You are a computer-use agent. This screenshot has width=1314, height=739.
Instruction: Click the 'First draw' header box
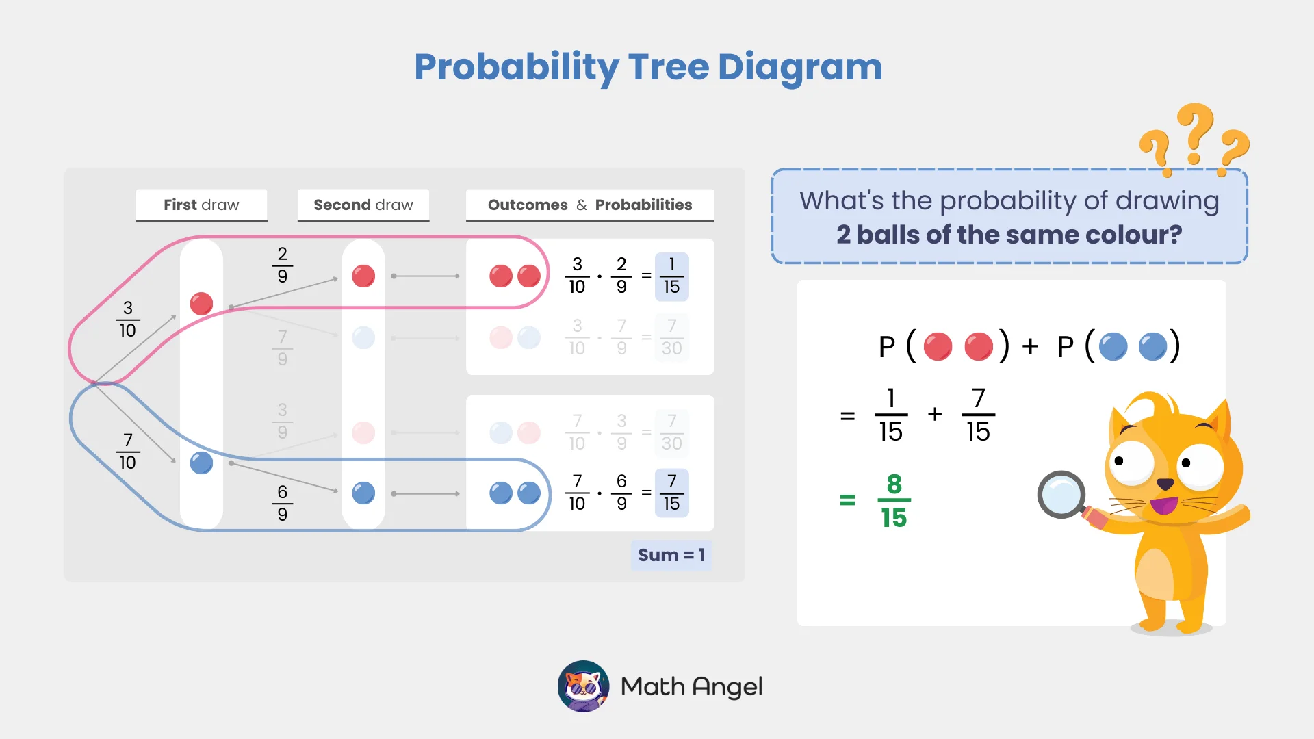pyautogui.click(x=201, y=205)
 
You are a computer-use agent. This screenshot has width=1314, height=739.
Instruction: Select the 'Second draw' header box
pyautogui.click(x=363, y=205)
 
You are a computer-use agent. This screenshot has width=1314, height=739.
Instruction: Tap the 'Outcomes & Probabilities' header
pyautogui.click(x=590, y=205)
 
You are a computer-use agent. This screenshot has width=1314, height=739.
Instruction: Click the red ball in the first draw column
pyautogui.click(x=201, y=303)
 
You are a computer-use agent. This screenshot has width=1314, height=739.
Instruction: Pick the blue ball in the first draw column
pyautogui.click(x=201, y=463)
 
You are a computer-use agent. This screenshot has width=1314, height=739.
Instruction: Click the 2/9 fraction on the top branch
pyautogui.click(x=282, y=265)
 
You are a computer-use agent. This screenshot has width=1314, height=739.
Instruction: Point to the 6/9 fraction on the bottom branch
pyautogui.click(x=282, y=503)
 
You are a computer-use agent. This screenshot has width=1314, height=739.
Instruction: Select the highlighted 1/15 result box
pyautogui.click(x=671, y=276)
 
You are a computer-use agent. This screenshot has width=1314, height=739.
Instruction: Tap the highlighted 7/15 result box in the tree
pyautogui.click(x=671, y=493)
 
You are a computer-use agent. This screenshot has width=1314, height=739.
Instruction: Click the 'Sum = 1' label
pyautogui.click(x=671, y=555)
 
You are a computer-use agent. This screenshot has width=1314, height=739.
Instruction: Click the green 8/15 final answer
pyautogui.click(x=894, y=501)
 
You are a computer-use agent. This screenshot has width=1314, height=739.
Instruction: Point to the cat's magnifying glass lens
pyautogui.click(x=1061, y=495)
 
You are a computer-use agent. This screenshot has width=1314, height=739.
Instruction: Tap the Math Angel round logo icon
pyautogui.click(x=583, y=686)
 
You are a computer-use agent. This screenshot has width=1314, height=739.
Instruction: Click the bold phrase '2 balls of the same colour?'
pyautogui.click(x=1009, y=235)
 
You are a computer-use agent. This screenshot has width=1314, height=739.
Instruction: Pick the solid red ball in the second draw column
pyautogui.click(x=363, y=276)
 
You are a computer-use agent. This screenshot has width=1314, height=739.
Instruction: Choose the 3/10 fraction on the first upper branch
pyautogui.click(x=127, y=319)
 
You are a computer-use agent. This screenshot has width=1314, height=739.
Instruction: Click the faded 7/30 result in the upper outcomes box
pyautogui.click(x=671, y=337)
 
